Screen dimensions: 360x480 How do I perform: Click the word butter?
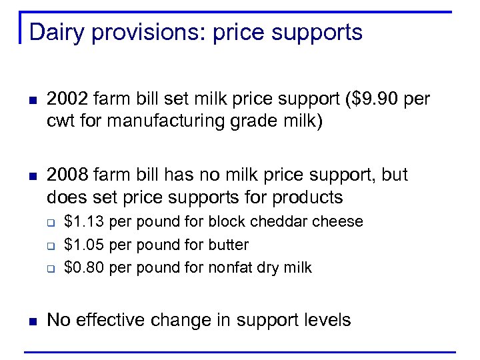(x=228, y=245)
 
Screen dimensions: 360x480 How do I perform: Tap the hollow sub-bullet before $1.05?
(x=51, y=245)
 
